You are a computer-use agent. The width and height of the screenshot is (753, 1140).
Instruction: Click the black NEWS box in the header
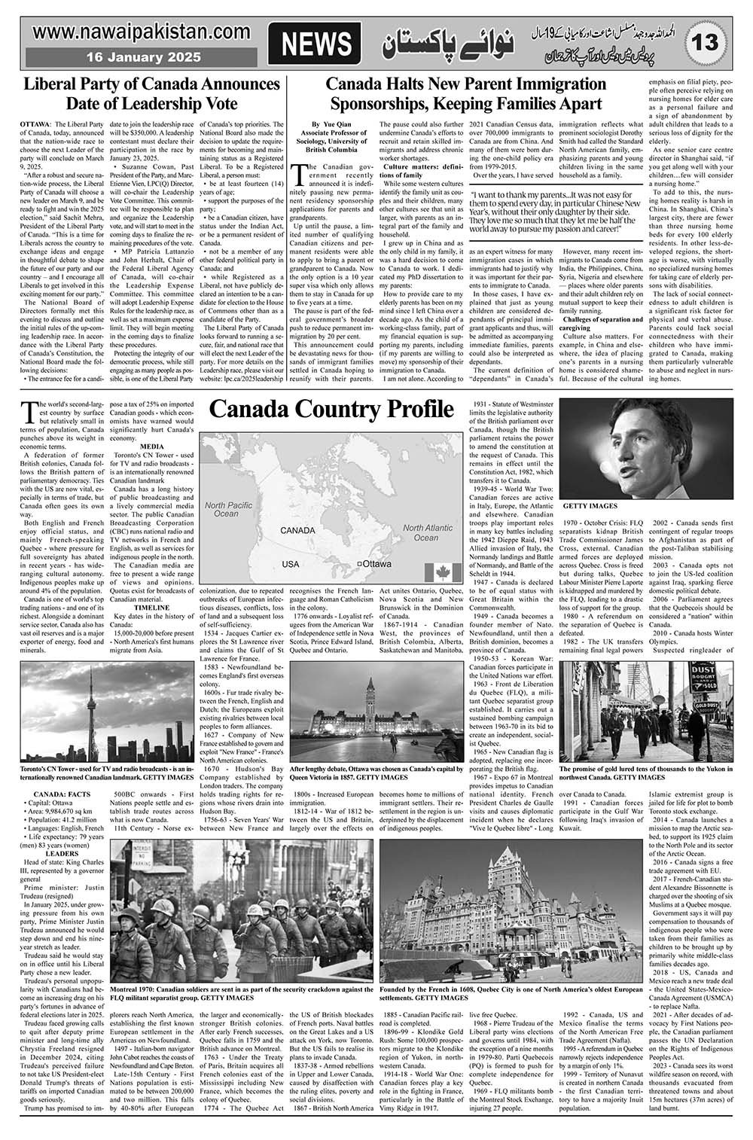(x=316, y=45)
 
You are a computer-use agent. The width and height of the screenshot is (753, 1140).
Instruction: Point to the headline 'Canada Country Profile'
(x=331, y=410)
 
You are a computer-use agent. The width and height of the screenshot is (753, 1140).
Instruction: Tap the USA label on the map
(x=291, y=563)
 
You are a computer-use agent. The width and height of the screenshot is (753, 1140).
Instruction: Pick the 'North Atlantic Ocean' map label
(x=427, y=532)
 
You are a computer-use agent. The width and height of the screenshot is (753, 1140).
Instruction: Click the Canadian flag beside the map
(x=447, y=572)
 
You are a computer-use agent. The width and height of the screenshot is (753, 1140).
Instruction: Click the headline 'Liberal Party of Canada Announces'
(x=151, y=84)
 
